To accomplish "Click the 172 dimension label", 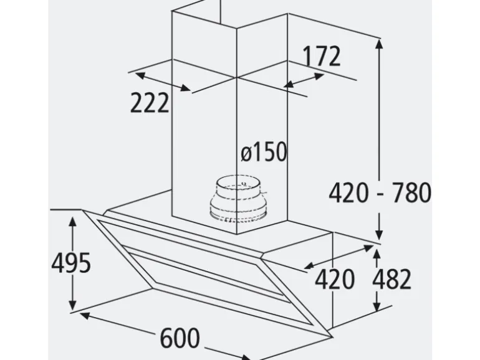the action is point(321,56).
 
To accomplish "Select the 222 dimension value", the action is point(150,103).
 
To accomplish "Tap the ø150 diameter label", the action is point(264,152).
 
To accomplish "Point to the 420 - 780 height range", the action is point(380,192).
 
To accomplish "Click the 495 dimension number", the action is point(71,263).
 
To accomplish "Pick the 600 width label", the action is point(180,338).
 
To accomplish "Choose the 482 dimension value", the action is point(392,279).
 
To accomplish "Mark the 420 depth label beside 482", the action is point(335,279).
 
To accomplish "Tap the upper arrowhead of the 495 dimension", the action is point(72,221).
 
